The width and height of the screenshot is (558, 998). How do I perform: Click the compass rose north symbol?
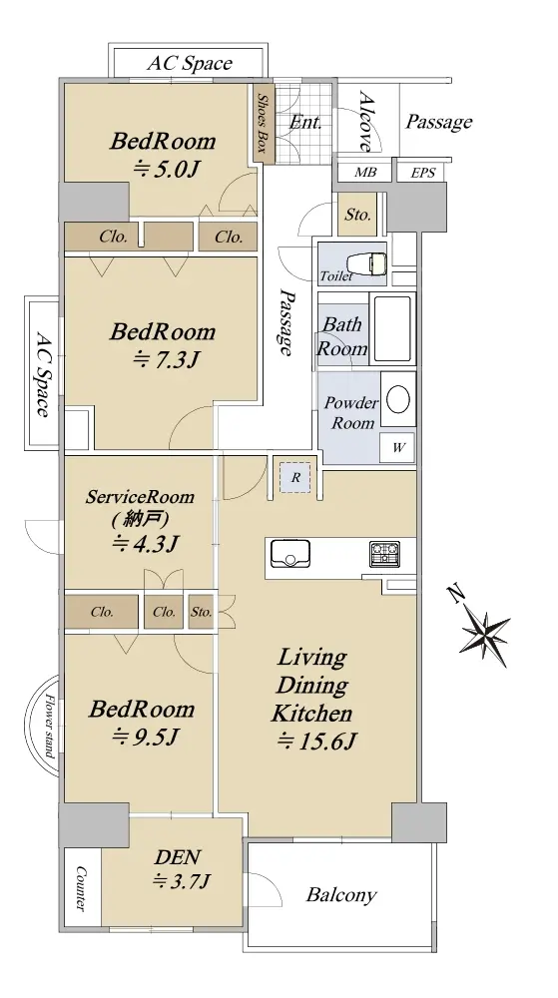(x=486, y=629)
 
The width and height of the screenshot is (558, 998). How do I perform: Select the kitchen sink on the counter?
(x=290, y=553)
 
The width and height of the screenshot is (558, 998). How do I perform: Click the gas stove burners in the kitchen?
(x=385, y=554)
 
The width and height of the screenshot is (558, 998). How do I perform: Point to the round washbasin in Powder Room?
(x=398, y=400)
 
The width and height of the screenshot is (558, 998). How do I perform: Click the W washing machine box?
(x=398, y=447)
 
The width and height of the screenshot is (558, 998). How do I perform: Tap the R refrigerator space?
(x=295, y=477)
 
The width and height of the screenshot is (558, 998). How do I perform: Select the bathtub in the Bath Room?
(x=391, y=329)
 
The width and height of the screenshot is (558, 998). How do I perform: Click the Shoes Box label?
(x=263, y=124)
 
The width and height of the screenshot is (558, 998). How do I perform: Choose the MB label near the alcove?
(x=365, y=173)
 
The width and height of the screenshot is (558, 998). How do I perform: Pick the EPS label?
(x=423, y=173)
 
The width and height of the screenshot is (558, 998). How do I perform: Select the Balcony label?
(x=341, y=895)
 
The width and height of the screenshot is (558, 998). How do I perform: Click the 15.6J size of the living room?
(x=315, y=742)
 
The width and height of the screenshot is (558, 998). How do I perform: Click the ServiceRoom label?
(x=140, y=496)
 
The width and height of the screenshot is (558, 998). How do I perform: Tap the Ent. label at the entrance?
(x=305, y=122)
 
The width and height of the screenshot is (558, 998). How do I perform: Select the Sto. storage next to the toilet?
(x=357, y=215)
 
